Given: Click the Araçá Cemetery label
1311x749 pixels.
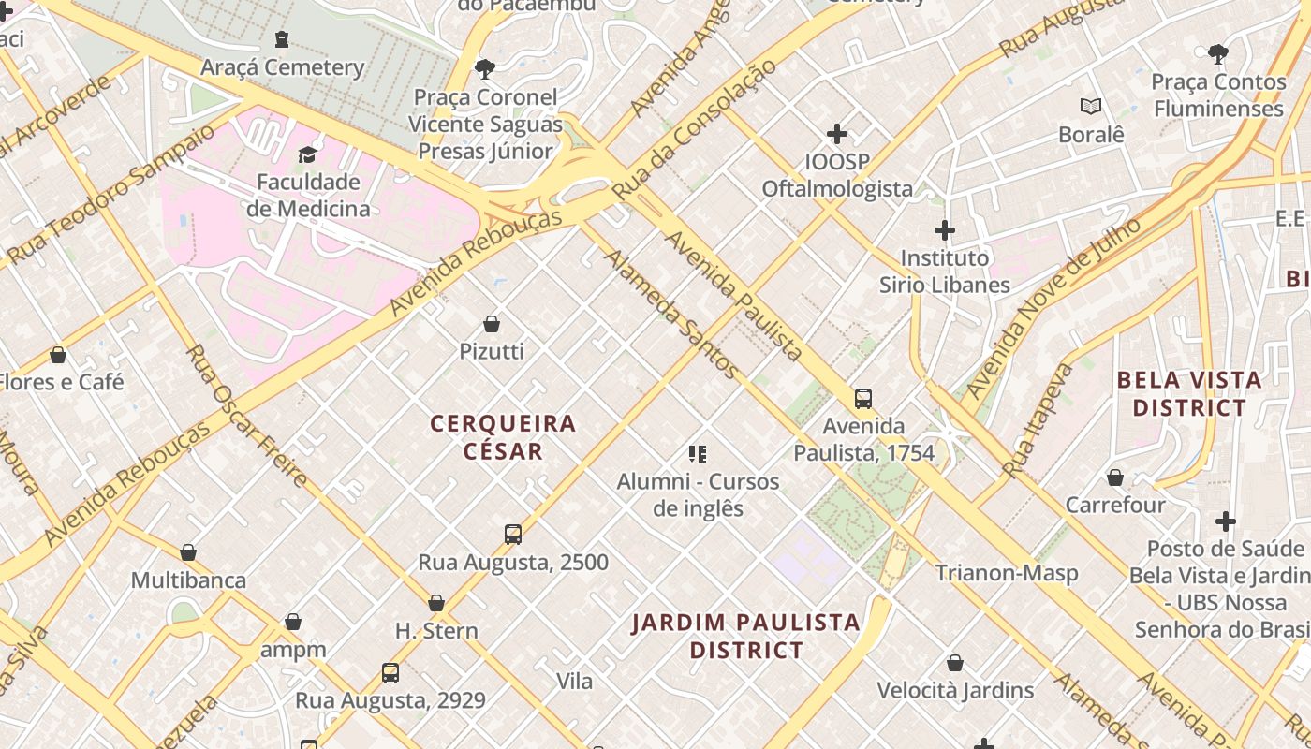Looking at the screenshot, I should click(x=282, y=67).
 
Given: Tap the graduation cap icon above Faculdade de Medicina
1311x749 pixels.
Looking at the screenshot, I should click(x=307, y=154).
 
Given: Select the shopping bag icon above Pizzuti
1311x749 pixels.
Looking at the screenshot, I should click(x=492, y=325).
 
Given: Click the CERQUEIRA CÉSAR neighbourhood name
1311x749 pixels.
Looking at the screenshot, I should click(x=503, y=437).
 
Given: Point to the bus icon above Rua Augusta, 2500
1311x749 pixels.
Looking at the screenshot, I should click(x=513, y=535).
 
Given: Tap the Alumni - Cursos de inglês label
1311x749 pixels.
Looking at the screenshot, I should click(x=698, y=495).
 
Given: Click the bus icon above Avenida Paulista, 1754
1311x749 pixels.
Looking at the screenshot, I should click(x=863, y=399).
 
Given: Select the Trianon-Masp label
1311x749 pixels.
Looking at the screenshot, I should click(x=1007, y=573).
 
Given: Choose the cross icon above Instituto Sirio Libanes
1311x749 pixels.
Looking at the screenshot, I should click(x=945, y=230).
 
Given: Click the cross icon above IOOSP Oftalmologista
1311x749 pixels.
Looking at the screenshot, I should click(x=837, y=134).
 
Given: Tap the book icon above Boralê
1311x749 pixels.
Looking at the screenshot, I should click(x=1090, y=107).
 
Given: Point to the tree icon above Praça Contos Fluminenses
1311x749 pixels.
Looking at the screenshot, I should click(x=1218, y=54).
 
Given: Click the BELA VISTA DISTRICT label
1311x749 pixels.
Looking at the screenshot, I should click(x=1189, y=394).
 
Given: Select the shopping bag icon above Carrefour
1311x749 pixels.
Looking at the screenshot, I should click(x=1115, y=478).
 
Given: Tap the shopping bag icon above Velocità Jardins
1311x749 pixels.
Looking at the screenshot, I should click(x=955, y=664).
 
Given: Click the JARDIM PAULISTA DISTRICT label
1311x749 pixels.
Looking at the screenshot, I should click(x=745, y=636).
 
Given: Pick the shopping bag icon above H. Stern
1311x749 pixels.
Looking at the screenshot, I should click(x=436, y=604).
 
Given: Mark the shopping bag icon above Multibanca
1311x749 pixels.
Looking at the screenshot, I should click(x=188, y=553).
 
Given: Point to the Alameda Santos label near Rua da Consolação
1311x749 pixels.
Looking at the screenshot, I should click(x=671, y=314).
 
